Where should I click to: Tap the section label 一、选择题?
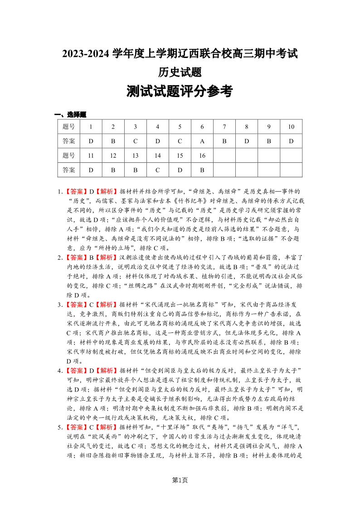click(70, 115)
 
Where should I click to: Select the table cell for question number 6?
click(202, 127)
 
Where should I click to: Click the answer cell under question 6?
click(202, 141)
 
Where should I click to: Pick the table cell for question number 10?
click(291, 127)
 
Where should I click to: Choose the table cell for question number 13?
click(135, 156)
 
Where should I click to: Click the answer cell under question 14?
click(158, 170)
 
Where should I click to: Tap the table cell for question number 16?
click(202, 156)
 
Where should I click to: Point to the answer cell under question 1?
click(91, 141)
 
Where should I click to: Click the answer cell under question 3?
click(135, 141)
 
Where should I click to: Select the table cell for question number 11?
click(91, 156)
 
